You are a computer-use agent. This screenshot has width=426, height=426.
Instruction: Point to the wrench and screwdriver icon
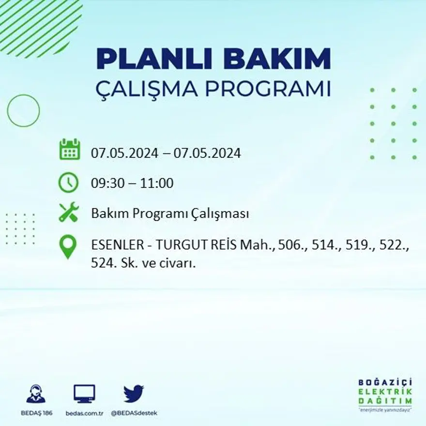(x=68, y=213)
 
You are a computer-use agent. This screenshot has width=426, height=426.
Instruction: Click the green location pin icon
(x=68, y=246)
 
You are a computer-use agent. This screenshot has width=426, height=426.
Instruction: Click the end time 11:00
(x=157, y=183)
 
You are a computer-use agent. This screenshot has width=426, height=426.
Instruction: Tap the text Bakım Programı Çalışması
(x=170, y=214)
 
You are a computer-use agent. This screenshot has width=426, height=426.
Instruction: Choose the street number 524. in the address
(x=103, y=263)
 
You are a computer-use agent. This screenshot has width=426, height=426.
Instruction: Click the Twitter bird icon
(x=134, y=393)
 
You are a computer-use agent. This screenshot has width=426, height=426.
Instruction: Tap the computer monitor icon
(x=84, y=393)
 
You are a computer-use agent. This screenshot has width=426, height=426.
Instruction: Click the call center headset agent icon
(x=36, y=394)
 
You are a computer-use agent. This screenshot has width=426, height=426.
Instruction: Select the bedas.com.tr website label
(x=84, y=413)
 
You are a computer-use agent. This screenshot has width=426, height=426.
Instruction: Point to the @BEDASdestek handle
(x=134, y=413)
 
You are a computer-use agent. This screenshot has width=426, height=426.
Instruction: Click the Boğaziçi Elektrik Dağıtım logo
(x=385, y=395)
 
